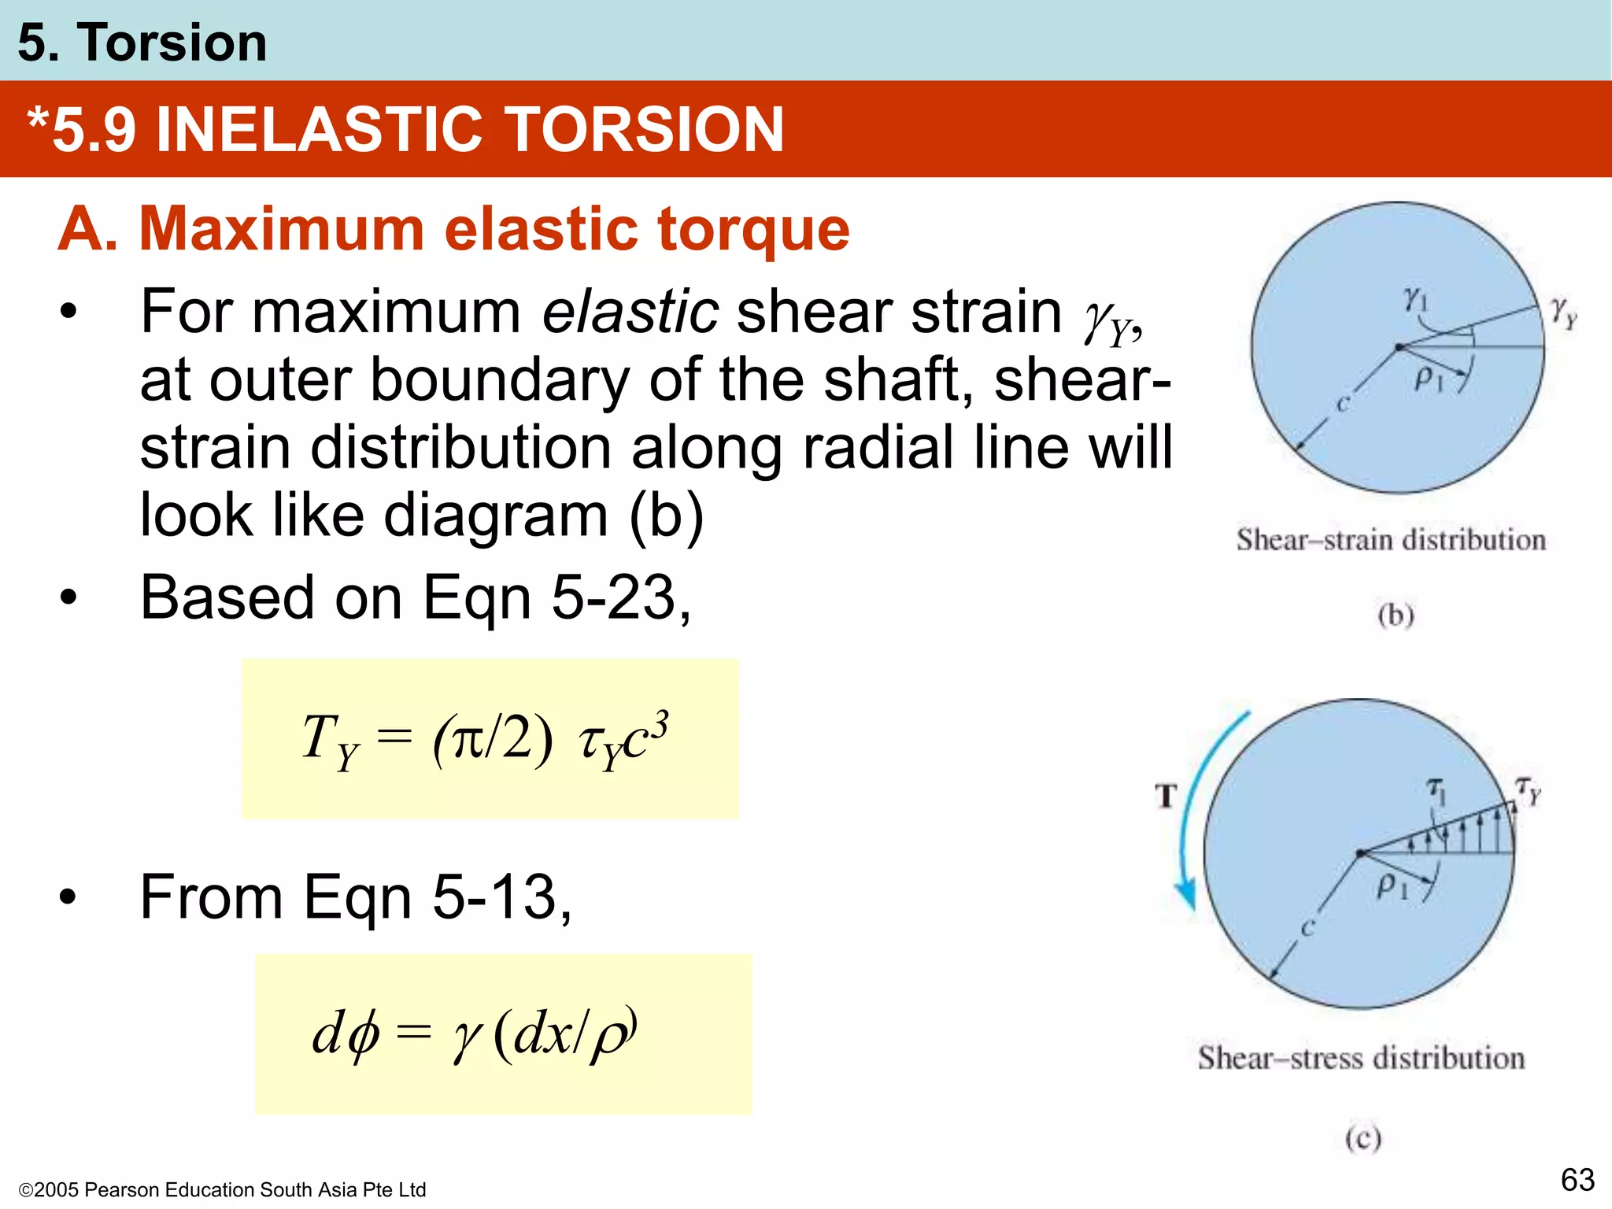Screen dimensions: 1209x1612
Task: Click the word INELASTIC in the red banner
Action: tap(318, 130)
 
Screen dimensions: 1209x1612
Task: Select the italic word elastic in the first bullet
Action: tap(630, 312)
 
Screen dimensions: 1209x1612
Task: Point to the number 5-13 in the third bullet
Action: tap(494, 897)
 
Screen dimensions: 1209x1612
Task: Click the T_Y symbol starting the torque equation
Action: tap(330, 741)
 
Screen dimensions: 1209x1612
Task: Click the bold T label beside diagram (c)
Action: tap(1166, 796)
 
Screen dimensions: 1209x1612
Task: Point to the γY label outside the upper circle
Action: tap(1563, 312)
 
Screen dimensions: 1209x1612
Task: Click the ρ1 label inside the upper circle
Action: tap(1428, 379)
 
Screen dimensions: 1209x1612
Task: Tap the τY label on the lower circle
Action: tap(1528, 789)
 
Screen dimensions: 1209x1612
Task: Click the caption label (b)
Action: tap(1396, 614)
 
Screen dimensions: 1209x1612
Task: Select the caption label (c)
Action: tap(1362, 1138)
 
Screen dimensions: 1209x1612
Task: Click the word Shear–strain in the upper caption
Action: tap(1314, 540)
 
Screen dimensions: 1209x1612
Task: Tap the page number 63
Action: tap(1577, 1180)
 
